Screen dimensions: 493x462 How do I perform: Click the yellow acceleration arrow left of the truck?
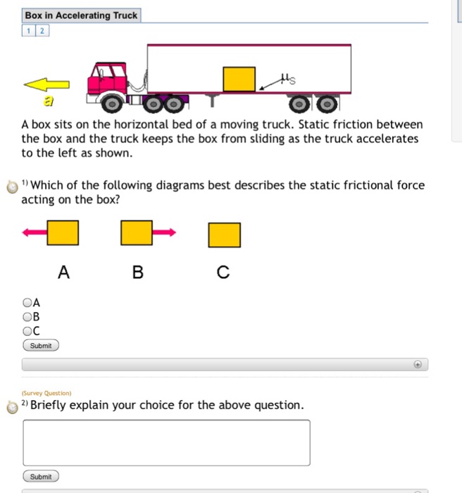click(x=46, y=85)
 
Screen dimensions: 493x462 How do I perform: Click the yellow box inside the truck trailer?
click(x=239, y=79)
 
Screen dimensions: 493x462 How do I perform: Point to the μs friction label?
click(x=286, y=82)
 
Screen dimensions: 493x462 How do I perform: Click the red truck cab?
click(x=107, y=79)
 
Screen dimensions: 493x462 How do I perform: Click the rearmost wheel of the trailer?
click(x=326, y=105)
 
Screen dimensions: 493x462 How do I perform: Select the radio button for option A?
click(x=27, y=302)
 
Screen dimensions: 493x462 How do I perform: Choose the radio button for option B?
click(x=27, y=316)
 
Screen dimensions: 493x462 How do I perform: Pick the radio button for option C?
click(x=27, y=330)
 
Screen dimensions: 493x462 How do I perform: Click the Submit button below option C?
click(x=41, y=346)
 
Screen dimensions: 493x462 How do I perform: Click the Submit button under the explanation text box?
click(x=41, y=477)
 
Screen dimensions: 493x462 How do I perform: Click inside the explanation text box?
click(x=166, y=442)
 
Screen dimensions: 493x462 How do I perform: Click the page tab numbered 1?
click(x=29, y=30)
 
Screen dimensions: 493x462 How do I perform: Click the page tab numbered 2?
click(x=42, y=30)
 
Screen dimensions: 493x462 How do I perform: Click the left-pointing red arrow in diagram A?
click(x=35, y=232)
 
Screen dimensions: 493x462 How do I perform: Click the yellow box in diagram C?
click(x=224, y=235)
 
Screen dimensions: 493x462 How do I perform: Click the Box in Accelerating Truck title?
click(x=81, y=15)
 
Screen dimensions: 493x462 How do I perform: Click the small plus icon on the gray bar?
click(x=417, y=365)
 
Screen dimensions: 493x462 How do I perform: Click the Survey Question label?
click(x=46, y=393)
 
